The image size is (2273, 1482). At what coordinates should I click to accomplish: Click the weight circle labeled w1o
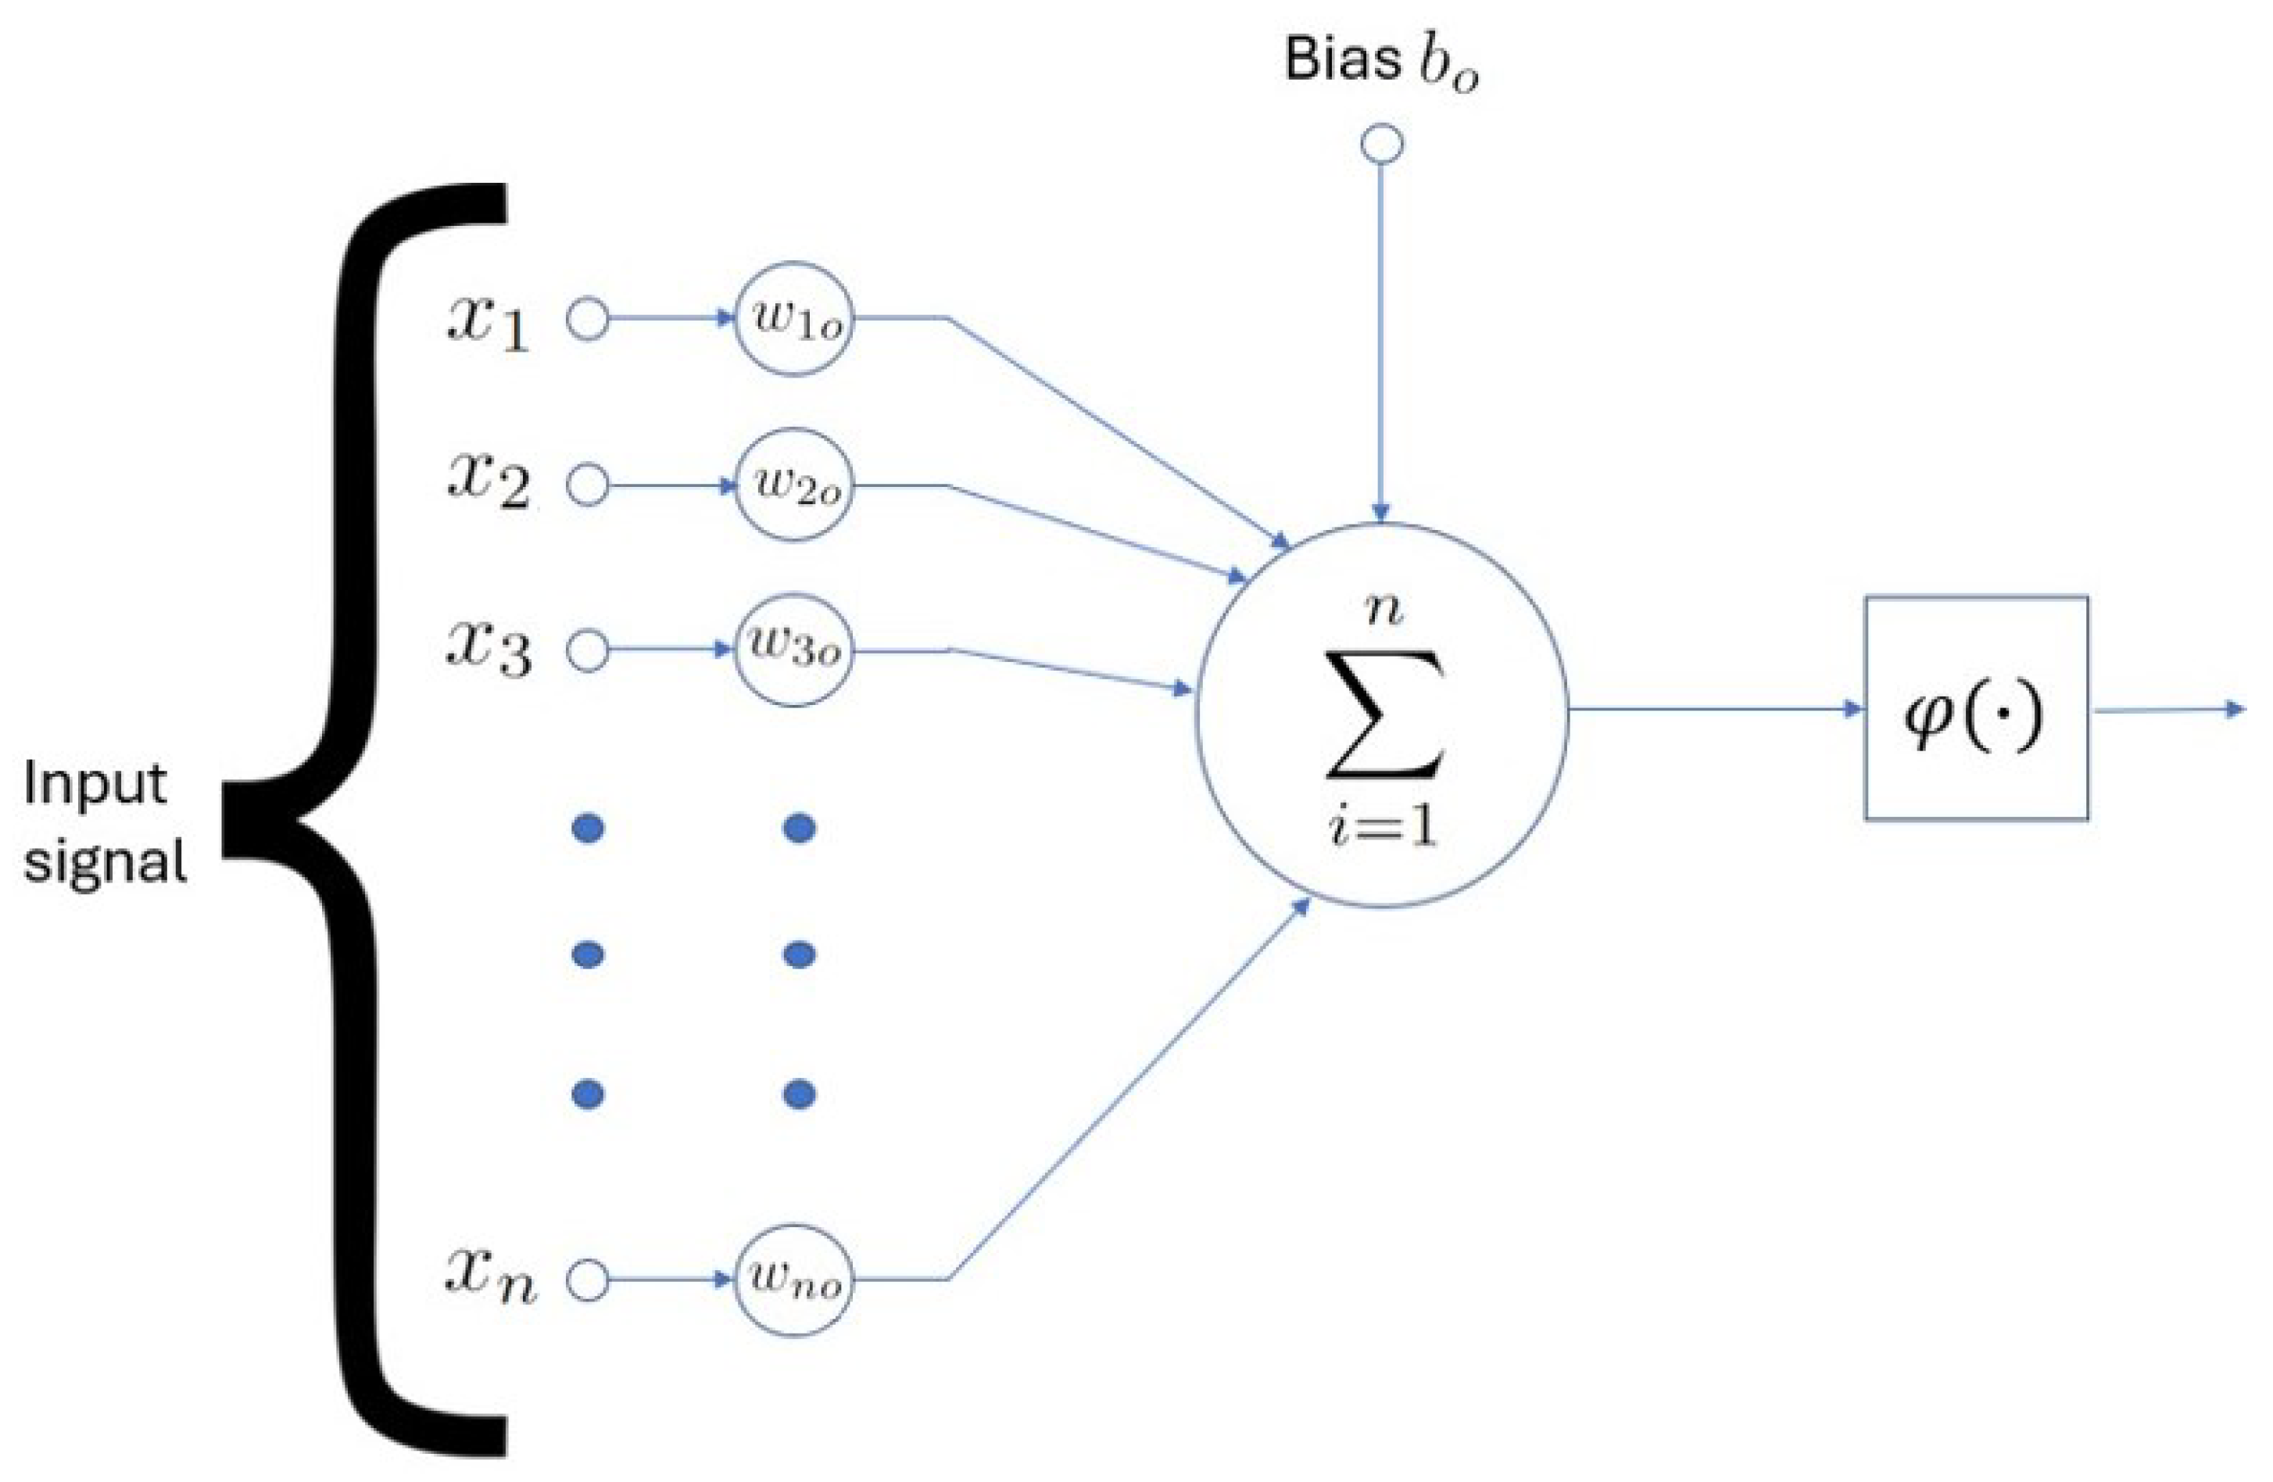(793, 319)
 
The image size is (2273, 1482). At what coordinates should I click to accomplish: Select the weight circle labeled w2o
(793, 485)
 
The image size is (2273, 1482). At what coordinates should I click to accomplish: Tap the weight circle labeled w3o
(793, 651)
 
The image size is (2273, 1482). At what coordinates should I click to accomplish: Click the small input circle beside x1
(587, 320)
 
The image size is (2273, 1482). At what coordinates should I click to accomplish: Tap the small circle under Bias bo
(1381, 145)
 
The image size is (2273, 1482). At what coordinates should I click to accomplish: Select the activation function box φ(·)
(1976, 707)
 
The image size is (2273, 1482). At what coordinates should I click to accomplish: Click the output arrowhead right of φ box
(2234, 708)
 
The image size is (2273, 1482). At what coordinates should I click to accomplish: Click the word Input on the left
(95, 786)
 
